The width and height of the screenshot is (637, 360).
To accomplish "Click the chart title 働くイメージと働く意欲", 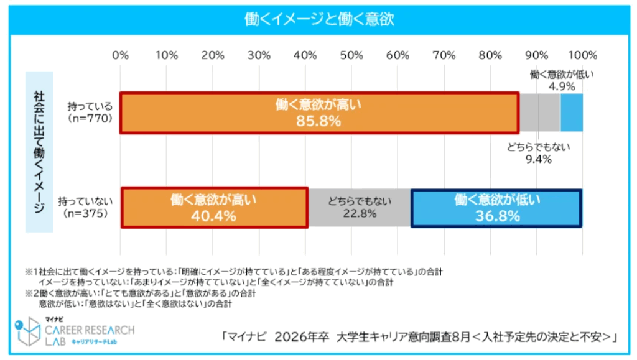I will pos(318,19).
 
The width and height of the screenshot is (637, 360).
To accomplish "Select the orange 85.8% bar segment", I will pos(318,113).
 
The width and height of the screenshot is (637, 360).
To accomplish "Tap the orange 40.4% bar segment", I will pos(213,208).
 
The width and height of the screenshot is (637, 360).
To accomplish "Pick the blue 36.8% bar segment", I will pos(496,208).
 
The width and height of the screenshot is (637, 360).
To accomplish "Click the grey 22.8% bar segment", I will pos(360,208).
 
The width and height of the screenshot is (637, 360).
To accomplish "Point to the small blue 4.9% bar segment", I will pos(572,113).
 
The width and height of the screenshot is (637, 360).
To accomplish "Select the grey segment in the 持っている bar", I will pos(539,113).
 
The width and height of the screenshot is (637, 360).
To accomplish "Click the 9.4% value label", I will pos(539,160).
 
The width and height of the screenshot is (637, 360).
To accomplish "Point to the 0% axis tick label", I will pos(121,55).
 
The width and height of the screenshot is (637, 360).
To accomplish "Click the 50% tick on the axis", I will pos(351,55).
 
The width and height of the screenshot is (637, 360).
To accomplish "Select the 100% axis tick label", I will pos(583,55).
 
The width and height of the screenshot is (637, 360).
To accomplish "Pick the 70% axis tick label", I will pos(444,55).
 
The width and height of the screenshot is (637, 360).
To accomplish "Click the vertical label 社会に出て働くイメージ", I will pos(39,152).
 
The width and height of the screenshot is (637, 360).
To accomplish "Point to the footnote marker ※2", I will pos(30,293).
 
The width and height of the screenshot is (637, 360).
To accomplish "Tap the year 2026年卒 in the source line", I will pos(302,337).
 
